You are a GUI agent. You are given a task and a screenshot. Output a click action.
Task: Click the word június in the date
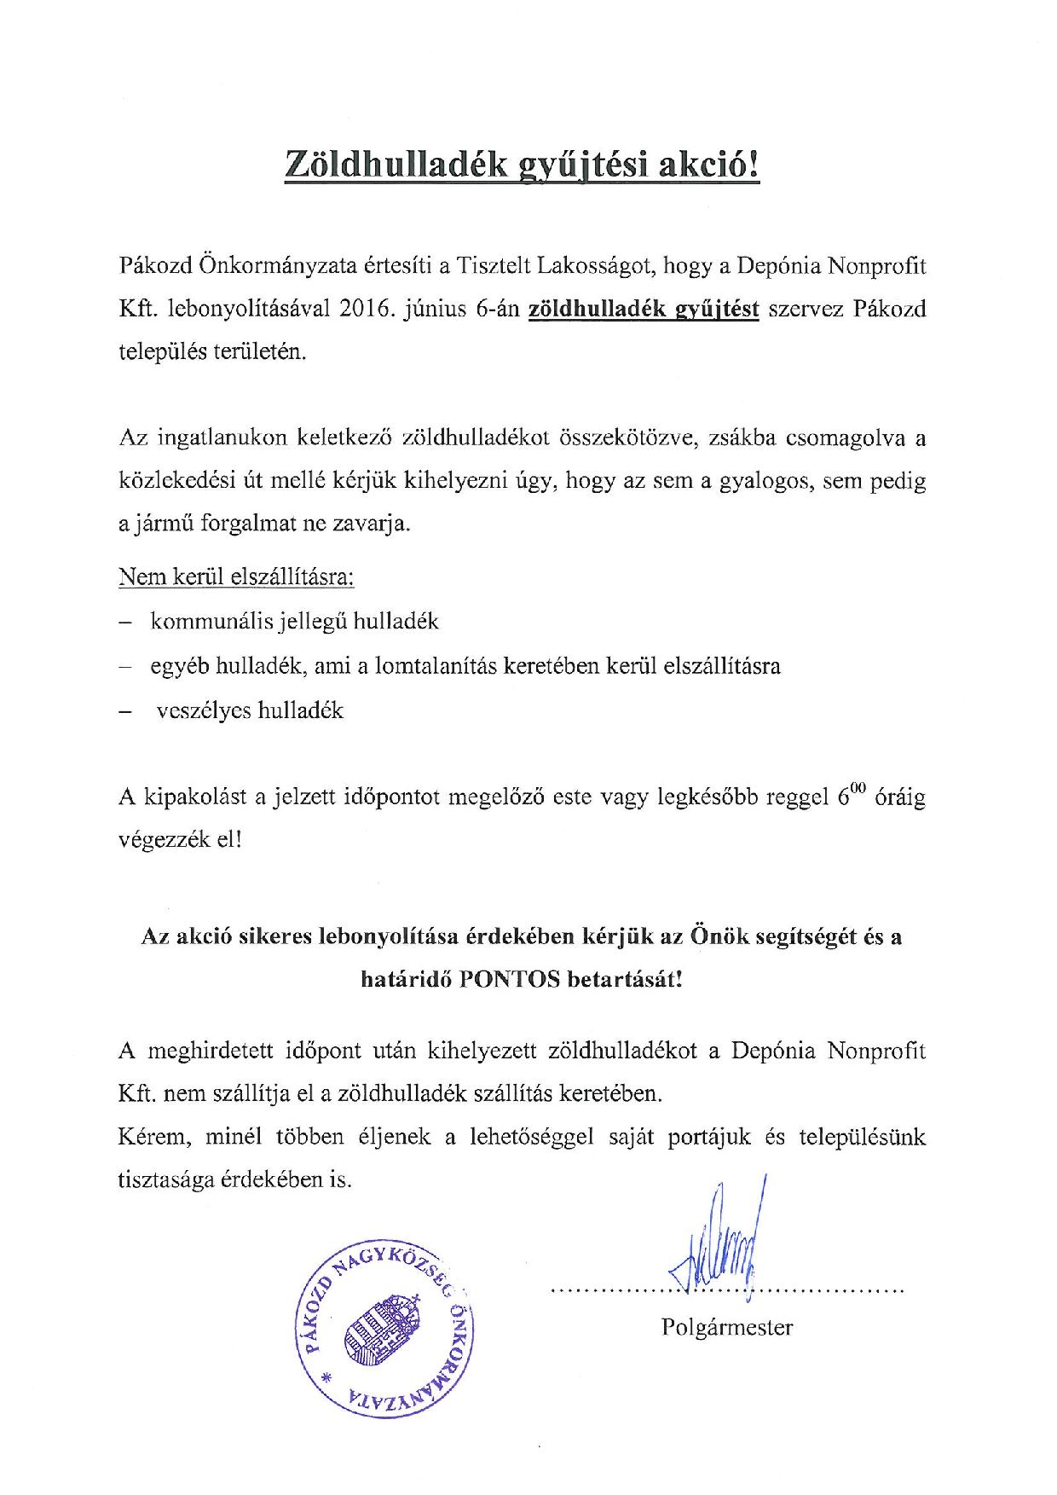(438, 309)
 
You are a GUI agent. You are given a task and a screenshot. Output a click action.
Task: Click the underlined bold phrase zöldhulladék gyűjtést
(644, 309)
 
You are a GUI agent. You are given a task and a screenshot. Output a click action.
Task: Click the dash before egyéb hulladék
(125, 666)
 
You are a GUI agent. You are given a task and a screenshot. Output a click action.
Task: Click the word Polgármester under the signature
(726, 1327)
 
